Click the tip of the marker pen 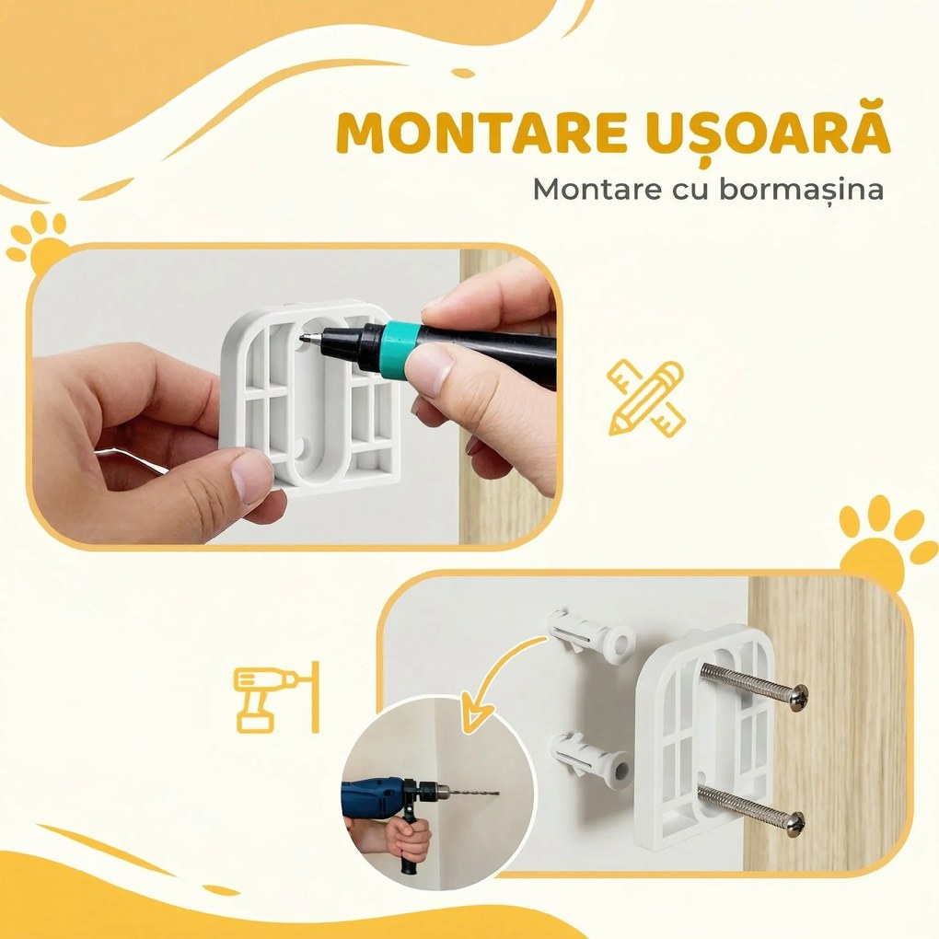(303, 341)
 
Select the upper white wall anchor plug (591, 634)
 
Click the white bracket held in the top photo (313, 396)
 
